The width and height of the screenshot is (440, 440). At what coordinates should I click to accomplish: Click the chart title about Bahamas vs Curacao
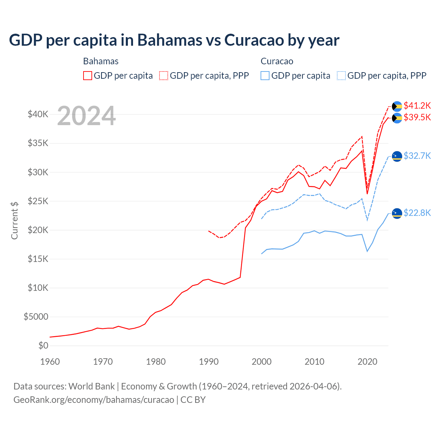pos(174,40)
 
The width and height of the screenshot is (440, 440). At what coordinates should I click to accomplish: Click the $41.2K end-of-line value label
pos(417,106)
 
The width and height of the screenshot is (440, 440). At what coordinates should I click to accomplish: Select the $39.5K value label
pos(417,118)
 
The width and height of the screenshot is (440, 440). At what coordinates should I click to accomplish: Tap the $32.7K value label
pos(417,156)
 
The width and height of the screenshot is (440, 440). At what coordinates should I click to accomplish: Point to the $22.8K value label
pos(417,213)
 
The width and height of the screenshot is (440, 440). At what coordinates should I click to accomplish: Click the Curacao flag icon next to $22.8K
pos(397,213)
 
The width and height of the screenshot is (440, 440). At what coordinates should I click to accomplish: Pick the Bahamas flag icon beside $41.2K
pos(397,106)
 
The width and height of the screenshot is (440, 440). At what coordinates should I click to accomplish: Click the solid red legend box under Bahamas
pos(88,76)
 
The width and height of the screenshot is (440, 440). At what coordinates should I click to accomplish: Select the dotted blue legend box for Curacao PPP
pos(341,76)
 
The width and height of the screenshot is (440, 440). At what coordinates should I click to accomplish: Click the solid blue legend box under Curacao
pos(265,76)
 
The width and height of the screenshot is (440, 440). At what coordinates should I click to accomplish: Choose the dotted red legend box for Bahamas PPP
pos(164,76)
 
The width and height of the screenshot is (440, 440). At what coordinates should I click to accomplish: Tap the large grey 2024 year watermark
pos(86,116)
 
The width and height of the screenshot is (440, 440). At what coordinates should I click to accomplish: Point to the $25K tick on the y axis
pos(38,201)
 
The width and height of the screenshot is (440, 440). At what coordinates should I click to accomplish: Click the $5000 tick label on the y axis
pos(36,317)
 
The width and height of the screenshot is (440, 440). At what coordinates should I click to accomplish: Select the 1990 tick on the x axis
pos(209,362)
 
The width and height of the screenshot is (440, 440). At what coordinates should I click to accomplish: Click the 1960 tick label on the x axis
pos(50,362)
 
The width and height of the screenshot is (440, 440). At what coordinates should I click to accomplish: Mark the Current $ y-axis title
pos(14,221)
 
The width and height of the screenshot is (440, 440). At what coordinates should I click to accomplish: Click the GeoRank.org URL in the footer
pos(93,400)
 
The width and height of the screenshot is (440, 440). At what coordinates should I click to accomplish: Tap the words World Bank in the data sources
pos(91,386)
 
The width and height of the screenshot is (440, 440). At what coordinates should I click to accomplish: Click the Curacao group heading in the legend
pos(277,61)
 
